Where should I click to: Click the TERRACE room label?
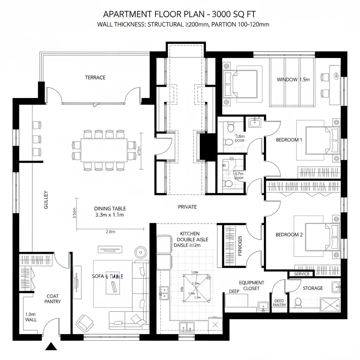pyautogui.click(x=95, y=77)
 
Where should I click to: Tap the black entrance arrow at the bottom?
pyautogui.click(x=51, y=347)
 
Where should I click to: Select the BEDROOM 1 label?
pyautogui.click(x=289, y=140)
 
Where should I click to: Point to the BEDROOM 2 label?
pyautogui.click(x=289, y=235)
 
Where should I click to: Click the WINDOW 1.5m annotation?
pyautogui.click(x=293, y=79)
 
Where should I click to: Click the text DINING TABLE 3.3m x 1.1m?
pyautogui.click(x=110, y=212)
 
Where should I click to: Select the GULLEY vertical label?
pyautogui.click(x=46, y=200)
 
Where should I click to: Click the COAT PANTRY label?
pyautogui.click(x=52, y=299)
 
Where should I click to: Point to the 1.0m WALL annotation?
pyautogui.click(x=31, y=317)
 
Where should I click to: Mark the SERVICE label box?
pyautogui.click(x=302, y=274)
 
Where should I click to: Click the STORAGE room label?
pyautogui.click(x=313, y=288)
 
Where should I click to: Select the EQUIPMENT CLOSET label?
pyautogui.click(x=251, y=285)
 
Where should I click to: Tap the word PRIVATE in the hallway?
pyautogui.click(x=187, y=207)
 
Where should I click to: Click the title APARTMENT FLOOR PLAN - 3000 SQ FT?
pyautogui.click(x=179, y=14)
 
